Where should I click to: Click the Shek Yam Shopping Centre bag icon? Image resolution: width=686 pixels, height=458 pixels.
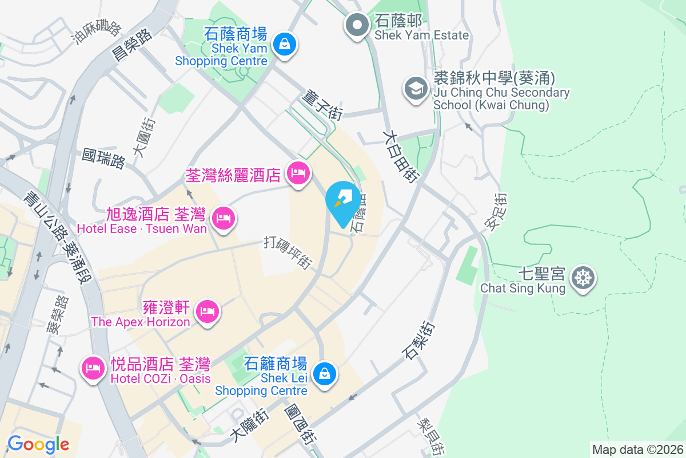coord(284,43)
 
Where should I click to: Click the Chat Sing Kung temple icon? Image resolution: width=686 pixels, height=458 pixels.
coord(583,278)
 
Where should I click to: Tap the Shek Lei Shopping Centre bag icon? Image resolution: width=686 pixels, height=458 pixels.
coord(324,374)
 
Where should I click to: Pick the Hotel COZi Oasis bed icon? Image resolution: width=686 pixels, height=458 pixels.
coord(92,367)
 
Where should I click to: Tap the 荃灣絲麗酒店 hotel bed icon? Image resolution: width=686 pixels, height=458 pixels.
coord(297,172)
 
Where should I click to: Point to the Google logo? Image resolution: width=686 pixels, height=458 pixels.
coord(38,444)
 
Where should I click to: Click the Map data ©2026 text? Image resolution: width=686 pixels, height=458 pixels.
coord(637,449)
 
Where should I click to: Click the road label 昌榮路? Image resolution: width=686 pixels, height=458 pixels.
coord(133,45)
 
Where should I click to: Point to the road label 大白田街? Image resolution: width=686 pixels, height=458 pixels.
coord(401,156)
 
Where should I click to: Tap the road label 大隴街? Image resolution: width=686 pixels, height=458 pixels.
coord(249,427)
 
